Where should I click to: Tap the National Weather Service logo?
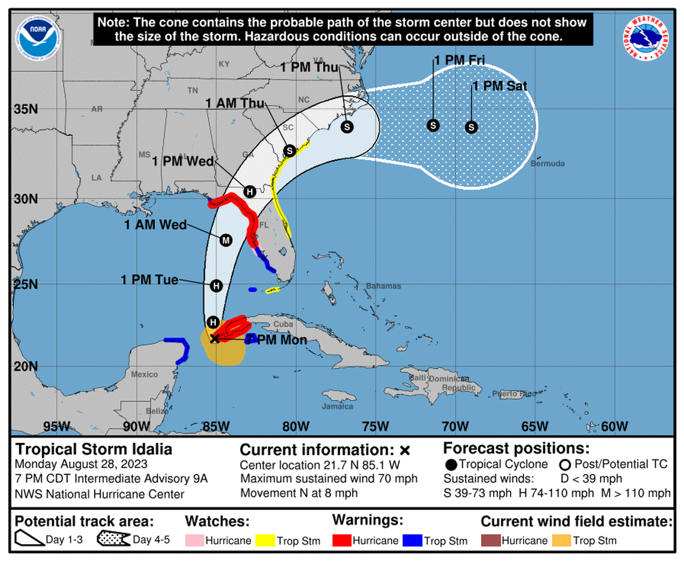click(646, 37)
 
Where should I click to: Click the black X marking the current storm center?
click(215, 338)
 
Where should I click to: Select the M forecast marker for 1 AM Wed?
click(226, 240)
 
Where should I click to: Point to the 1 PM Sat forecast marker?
click(472, 127)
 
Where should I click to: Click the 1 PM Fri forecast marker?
click(433, 125)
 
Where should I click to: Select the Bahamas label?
click(383, 286)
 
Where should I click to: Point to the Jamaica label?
click(338, 406)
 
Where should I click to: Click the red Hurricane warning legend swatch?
click(341, 540)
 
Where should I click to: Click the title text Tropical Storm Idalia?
click(94, 449)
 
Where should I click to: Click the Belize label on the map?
click(157, 411)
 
